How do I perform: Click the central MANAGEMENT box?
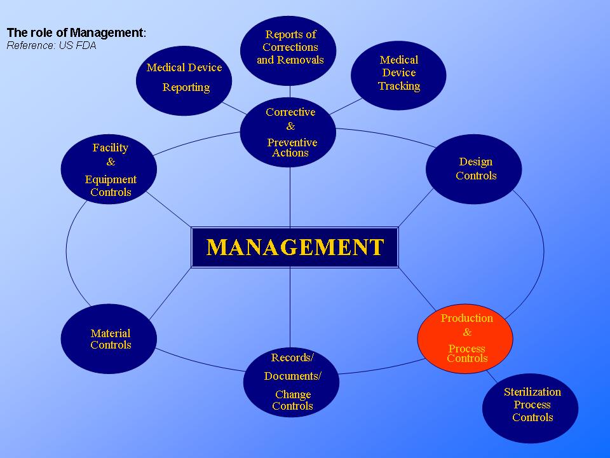pyautogui.click(x=295, y=247)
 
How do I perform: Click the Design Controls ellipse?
pyautogui.click(x=474, y=169)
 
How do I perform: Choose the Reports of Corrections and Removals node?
pyautogui.click(x=290, y=48)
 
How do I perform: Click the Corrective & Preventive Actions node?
pyautogui.click(x=290, y=132)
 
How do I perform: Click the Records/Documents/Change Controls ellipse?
pyautogui.click(x=291, y=382)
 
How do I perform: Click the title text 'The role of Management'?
pyautogui.click(x=76, y=32)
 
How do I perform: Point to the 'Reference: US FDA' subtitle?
pyautogui.click(x=51, y=46)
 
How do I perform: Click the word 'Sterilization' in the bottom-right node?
pyautogui.click(x=532, y=392)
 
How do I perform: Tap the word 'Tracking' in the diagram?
pyautogui.click(x=399, y=86)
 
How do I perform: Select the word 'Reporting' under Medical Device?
pyautogui.click(x=186, y=88)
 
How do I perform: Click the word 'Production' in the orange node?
pyautogui.click(x=467, y=318)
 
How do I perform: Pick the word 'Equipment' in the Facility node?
pyautogui.click(x=111, y=179)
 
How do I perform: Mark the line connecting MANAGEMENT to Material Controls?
pyautogui.click(x=170, y=289)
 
